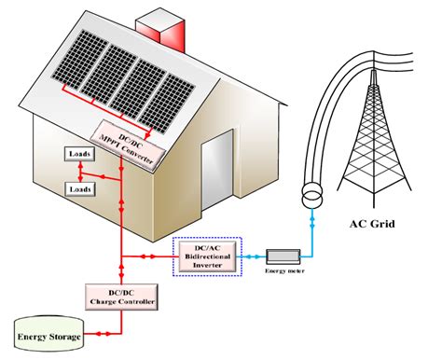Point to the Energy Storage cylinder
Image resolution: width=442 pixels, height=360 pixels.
[x=47, y=335]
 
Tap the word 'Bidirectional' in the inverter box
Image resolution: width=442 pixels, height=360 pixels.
[x=211, y=255]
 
